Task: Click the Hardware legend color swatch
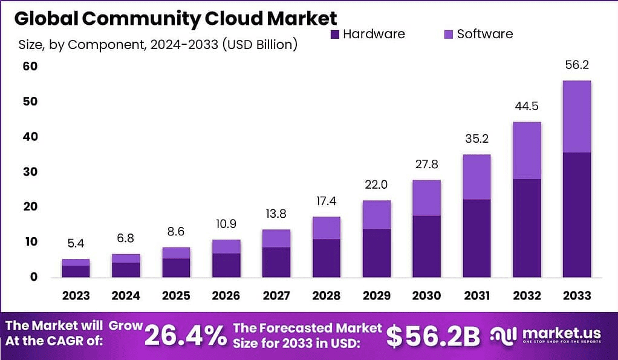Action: click(336, 34)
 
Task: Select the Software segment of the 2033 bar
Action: click(576, 116)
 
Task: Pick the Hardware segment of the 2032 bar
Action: click(526, 227)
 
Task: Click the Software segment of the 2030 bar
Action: click(426, 198)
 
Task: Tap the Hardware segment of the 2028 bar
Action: click(326, 258)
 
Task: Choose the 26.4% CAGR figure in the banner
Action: click(186, 336)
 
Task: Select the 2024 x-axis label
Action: click(126, 295)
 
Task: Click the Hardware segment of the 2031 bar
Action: click(476, 238)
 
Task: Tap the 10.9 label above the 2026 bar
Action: click(226, 224)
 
